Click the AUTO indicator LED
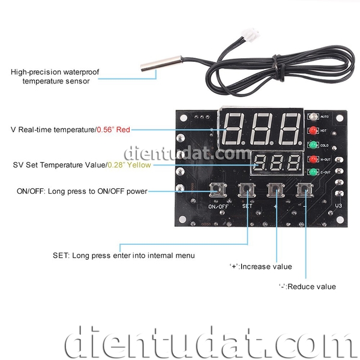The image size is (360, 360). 313,116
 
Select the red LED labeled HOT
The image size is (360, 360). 313,130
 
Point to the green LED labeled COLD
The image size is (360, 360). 313,145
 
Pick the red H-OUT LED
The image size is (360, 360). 313,160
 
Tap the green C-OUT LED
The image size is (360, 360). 313,173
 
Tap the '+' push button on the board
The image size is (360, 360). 276,191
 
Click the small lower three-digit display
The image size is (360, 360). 277,163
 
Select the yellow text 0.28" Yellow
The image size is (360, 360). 129,164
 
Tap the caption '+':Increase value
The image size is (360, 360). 260,266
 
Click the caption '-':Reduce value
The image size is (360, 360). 307,287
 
